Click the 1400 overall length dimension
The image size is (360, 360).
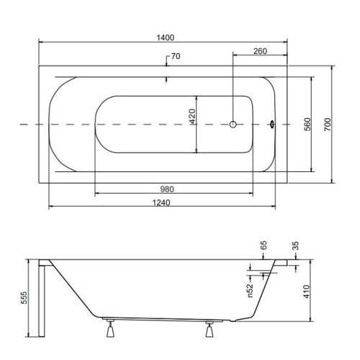[167, 37]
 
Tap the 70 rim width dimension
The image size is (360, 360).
[175, 58]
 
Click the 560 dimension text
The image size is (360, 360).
[307, 124]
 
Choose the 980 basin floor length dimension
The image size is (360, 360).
[167, 189]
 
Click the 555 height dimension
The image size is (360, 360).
[24, 297]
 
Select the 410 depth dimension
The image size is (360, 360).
[307, 290]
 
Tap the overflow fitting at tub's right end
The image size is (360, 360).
[271, 124]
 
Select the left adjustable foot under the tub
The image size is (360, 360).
[109, 330]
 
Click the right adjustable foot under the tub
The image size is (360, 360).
[210, 330]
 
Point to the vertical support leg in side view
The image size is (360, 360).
[44, 299]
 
